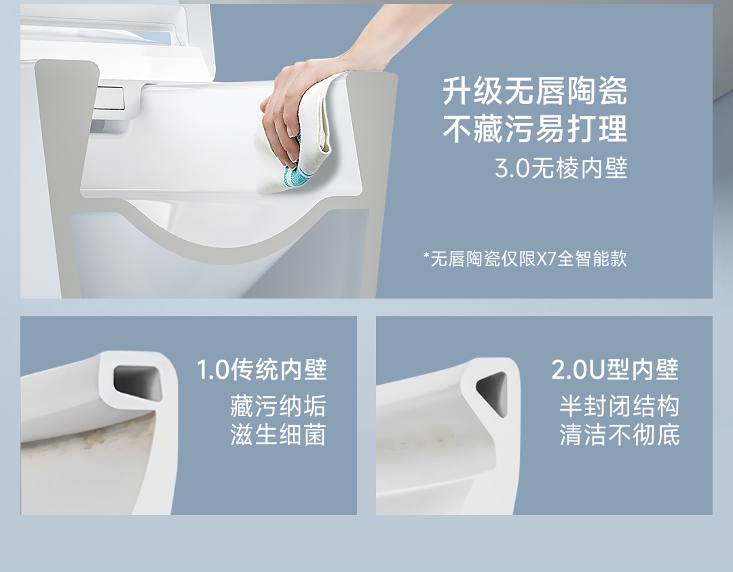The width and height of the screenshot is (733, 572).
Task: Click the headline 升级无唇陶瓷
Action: coord(535,92)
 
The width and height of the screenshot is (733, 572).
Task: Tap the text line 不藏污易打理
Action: coord(535,129)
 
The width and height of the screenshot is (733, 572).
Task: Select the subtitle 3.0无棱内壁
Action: coord(561,168)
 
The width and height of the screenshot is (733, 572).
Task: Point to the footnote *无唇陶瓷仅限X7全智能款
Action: coord(525,259)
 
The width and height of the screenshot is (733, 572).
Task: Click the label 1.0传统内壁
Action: coord(262,370)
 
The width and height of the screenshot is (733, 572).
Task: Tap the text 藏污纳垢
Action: coord(278,406)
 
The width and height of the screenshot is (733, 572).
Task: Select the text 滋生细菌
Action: coord(278,435)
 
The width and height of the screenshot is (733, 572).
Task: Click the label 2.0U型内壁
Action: coord(615,370)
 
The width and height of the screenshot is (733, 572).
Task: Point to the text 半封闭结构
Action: coord(620,406)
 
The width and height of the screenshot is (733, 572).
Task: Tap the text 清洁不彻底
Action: coord(620,435)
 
